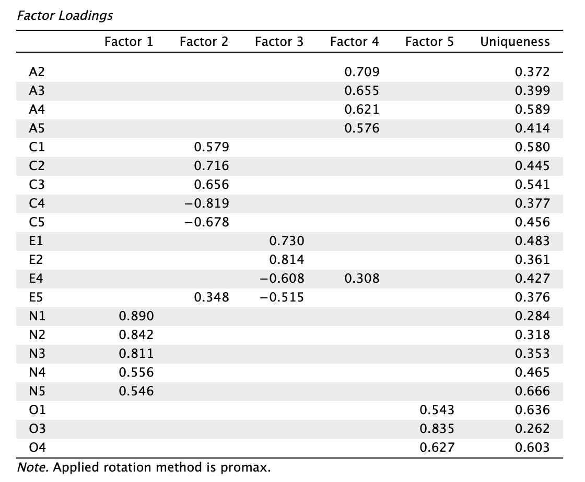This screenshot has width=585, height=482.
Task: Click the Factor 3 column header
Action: pos(279,41)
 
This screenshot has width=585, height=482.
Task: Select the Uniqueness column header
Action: pos(515,41)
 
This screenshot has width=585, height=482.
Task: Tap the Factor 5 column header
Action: pos(429,41)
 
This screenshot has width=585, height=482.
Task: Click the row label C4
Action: pos(37,203)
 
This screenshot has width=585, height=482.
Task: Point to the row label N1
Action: pos(37,316)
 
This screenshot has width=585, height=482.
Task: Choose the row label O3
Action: pos(37,428)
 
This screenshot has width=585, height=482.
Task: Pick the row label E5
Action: pos(36,297)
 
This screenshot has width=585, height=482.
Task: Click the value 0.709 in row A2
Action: pos(361,72)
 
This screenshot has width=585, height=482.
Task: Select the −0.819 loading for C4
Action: pos(207,203)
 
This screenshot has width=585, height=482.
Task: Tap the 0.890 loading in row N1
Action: pos(136,316)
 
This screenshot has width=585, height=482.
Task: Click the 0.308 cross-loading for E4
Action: pos(361,279)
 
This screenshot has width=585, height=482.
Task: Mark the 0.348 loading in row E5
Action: pos(211,297)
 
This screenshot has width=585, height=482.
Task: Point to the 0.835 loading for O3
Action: pos(437,428)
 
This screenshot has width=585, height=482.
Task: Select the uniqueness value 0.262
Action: pos(532,428)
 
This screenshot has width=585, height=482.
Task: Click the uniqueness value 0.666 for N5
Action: pos(532,391)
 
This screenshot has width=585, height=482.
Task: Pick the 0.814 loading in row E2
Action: pos(287,260)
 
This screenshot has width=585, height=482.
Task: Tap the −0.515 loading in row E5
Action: pos(282,297)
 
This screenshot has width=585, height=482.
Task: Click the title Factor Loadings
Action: pos(65,16)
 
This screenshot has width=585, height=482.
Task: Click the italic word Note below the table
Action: pos(33,467)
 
